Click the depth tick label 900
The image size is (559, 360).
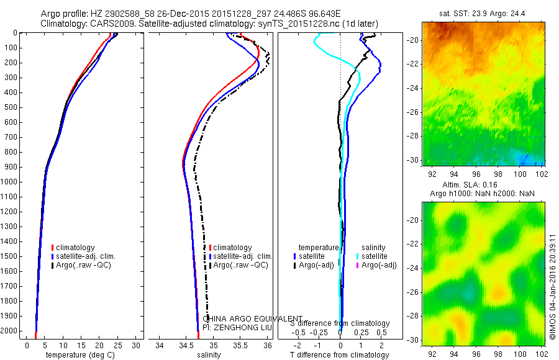click(x=12, y=167)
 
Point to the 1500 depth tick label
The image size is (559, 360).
click(x=10, y=256)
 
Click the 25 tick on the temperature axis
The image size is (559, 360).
click(x=118, y=345)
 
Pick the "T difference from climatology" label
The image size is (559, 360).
click(x=340, y=355)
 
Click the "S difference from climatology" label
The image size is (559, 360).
click(x=340, y=323)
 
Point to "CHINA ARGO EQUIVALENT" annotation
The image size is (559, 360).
click(x=253, y=318)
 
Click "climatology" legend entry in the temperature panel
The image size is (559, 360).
click(x=77, y=248)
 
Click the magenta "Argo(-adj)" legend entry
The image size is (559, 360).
click(x=379, y=265)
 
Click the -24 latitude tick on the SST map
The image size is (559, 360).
click(x=414, y=88)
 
